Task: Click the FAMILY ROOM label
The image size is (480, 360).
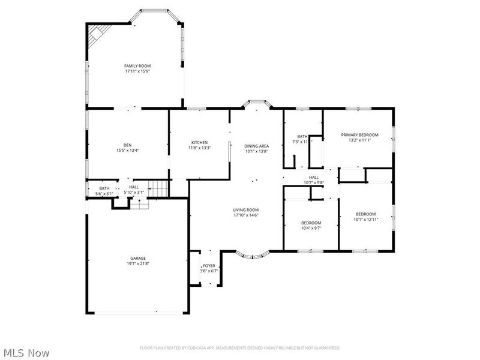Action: coord(137,65)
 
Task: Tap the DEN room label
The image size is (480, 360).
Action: coord(127,145)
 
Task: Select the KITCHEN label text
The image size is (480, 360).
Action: coord(199,142)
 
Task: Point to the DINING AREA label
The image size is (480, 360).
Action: coord(256,146)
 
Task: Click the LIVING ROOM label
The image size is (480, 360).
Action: coord(246,209)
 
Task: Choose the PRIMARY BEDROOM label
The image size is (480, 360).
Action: coord(360,135)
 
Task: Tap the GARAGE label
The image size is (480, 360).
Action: coord(138,258)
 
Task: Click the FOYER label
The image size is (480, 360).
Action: coord(209,265)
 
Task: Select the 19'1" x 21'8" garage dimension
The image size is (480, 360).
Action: coord(138,263)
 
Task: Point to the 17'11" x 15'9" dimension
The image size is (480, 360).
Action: coord(137,71)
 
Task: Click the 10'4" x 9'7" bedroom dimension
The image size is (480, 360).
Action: coord(311,228)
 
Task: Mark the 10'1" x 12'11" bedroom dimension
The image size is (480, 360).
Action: coord(365,220)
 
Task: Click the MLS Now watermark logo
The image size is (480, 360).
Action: coord(26,353)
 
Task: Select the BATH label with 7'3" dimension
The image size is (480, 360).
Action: coord(302,136)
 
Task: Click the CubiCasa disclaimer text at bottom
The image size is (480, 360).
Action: coord(240,347)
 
